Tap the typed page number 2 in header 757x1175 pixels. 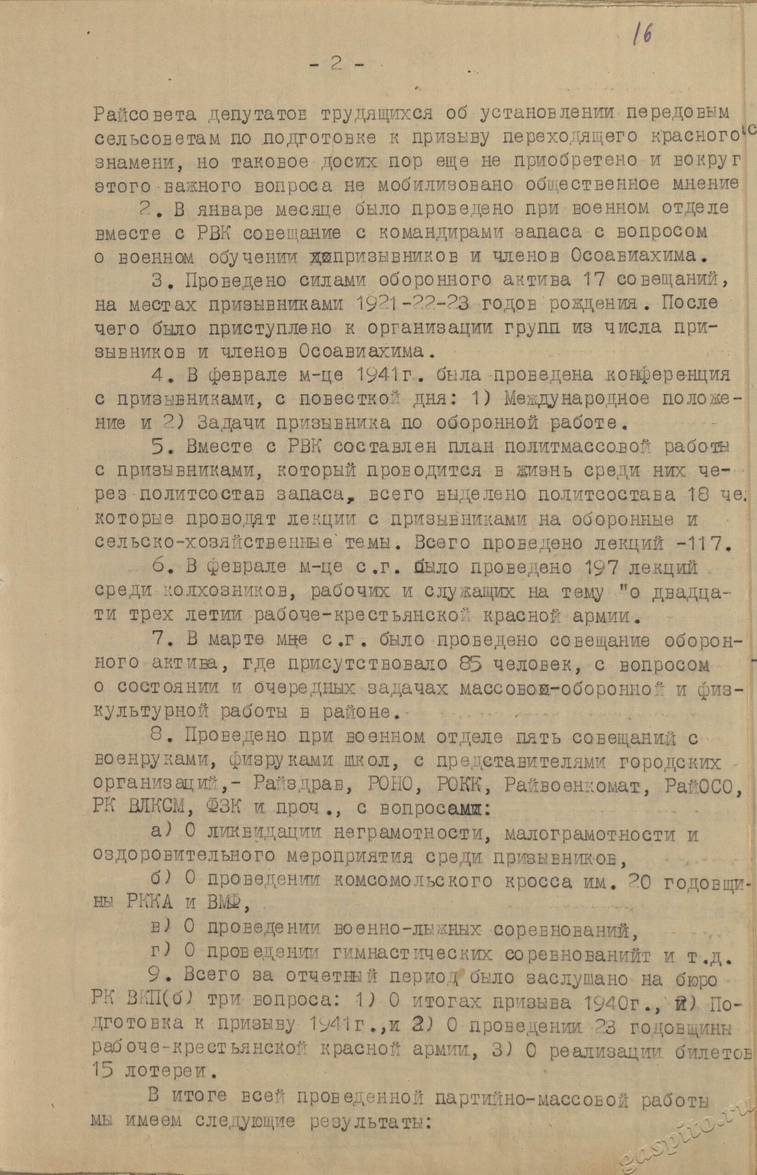(x=337, y=66)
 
